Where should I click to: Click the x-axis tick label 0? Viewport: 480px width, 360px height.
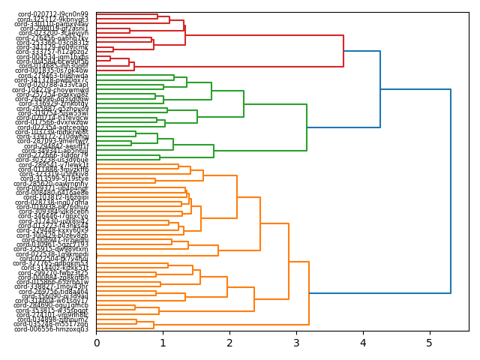[x=96, y=343]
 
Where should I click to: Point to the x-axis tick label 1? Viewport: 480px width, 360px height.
[x=163, y=343]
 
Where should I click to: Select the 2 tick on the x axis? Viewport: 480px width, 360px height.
[x=229, y=343]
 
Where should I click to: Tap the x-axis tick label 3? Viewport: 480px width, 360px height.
[x=296, y=343]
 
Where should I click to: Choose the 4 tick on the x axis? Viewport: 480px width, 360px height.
[x=363, y=343]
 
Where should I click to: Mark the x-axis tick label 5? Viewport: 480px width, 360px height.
[x=430, y=343]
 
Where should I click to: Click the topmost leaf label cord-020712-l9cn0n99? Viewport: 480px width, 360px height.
[x=52, y=14]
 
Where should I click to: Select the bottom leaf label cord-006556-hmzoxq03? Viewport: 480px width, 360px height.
[x=51, y=329]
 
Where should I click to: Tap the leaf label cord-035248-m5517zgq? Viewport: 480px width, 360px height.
[x=51, y=324]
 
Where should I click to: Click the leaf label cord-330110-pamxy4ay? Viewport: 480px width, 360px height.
[x=52, y=24]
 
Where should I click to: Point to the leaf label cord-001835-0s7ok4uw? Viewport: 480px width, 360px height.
[x=52, y=70]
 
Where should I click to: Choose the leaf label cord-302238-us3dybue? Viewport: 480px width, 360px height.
[x=52, y=160]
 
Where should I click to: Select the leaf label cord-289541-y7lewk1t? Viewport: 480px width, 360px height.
[x=52, y=164]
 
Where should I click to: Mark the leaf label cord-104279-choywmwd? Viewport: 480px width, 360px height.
[x=52, y=89]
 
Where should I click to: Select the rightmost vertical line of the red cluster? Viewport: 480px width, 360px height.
[x=343, y=51]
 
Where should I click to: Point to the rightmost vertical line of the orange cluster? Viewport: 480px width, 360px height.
[x=309, y=293]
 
